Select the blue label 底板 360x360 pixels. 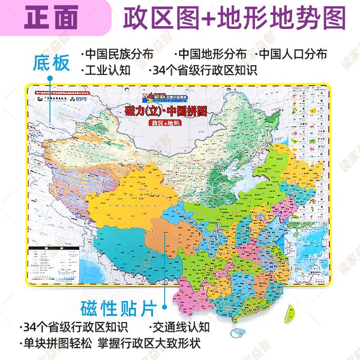coord(51,63)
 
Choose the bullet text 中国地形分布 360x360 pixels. coord(212,54)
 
